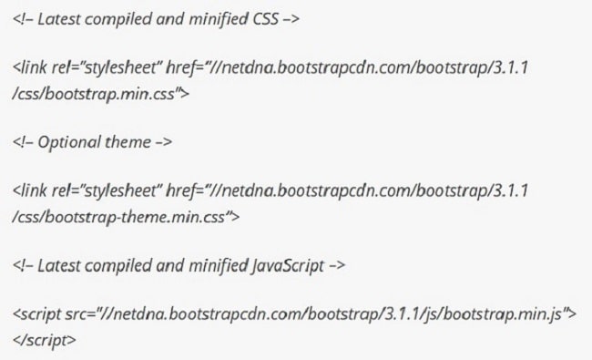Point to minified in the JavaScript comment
(x=215, y=265)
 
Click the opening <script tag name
(x=36, y=314)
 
